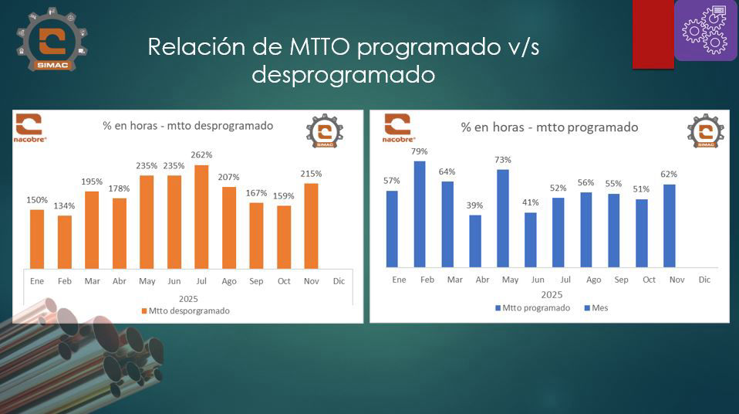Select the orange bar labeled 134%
coord(65,241)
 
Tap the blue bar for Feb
coord(420,214)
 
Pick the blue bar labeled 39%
coord(475,240)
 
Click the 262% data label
coord(202,155)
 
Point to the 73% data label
coord(503,160)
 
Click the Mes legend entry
coord(596,307)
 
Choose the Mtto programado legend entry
coord(532,307)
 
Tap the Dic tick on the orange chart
coord(339,281)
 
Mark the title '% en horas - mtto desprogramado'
coord(188,125)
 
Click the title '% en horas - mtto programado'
coord(549,127)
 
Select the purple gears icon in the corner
coord(706,31)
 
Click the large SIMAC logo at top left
coord(52,40)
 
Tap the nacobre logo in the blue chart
coord(398,129)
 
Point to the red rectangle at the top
coord(653,34)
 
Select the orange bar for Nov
coord(312,225)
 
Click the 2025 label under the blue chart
coord(551,294)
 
